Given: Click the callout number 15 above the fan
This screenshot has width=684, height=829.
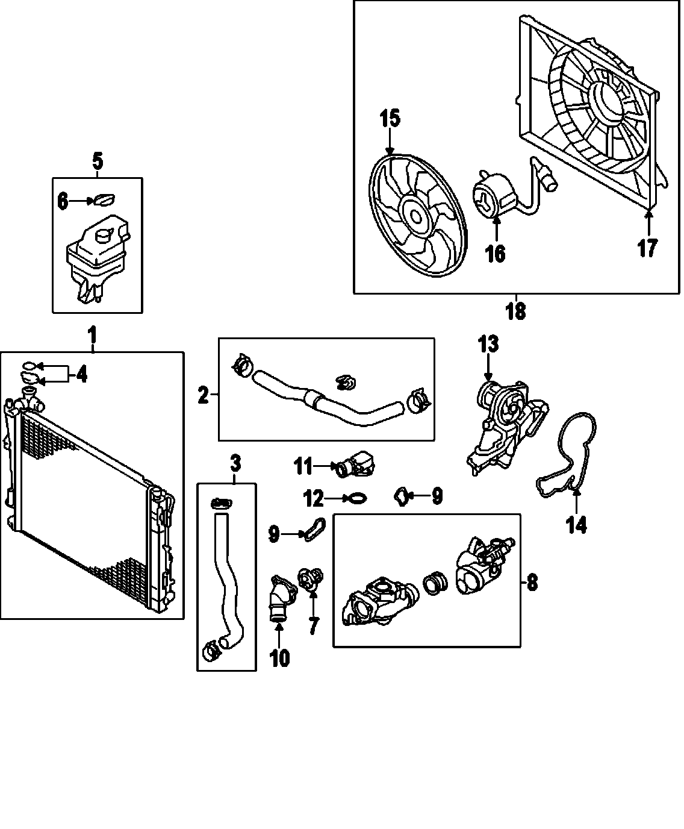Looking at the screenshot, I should pos(390,118).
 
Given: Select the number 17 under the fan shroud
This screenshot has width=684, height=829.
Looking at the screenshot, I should pos(647,248).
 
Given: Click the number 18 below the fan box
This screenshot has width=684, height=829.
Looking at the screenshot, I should pos(516,311).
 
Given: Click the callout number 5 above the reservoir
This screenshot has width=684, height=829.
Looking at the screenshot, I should pos(98,161).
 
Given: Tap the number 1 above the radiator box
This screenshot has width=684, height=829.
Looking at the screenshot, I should pos(92,333).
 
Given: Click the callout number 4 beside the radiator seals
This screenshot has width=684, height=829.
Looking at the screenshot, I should pos(81,375).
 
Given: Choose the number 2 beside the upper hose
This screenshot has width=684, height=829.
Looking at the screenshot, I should pos(204,395).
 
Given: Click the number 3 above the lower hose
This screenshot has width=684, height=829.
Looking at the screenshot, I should pos(235,463).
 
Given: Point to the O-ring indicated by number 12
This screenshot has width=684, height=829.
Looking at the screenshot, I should pos(357,498).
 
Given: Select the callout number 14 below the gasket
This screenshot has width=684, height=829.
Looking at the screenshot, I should pos(576,525).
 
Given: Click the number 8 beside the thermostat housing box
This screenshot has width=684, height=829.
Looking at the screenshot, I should pos(532,582).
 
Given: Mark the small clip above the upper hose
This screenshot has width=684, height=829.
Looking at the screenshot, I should pos(345,381).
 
